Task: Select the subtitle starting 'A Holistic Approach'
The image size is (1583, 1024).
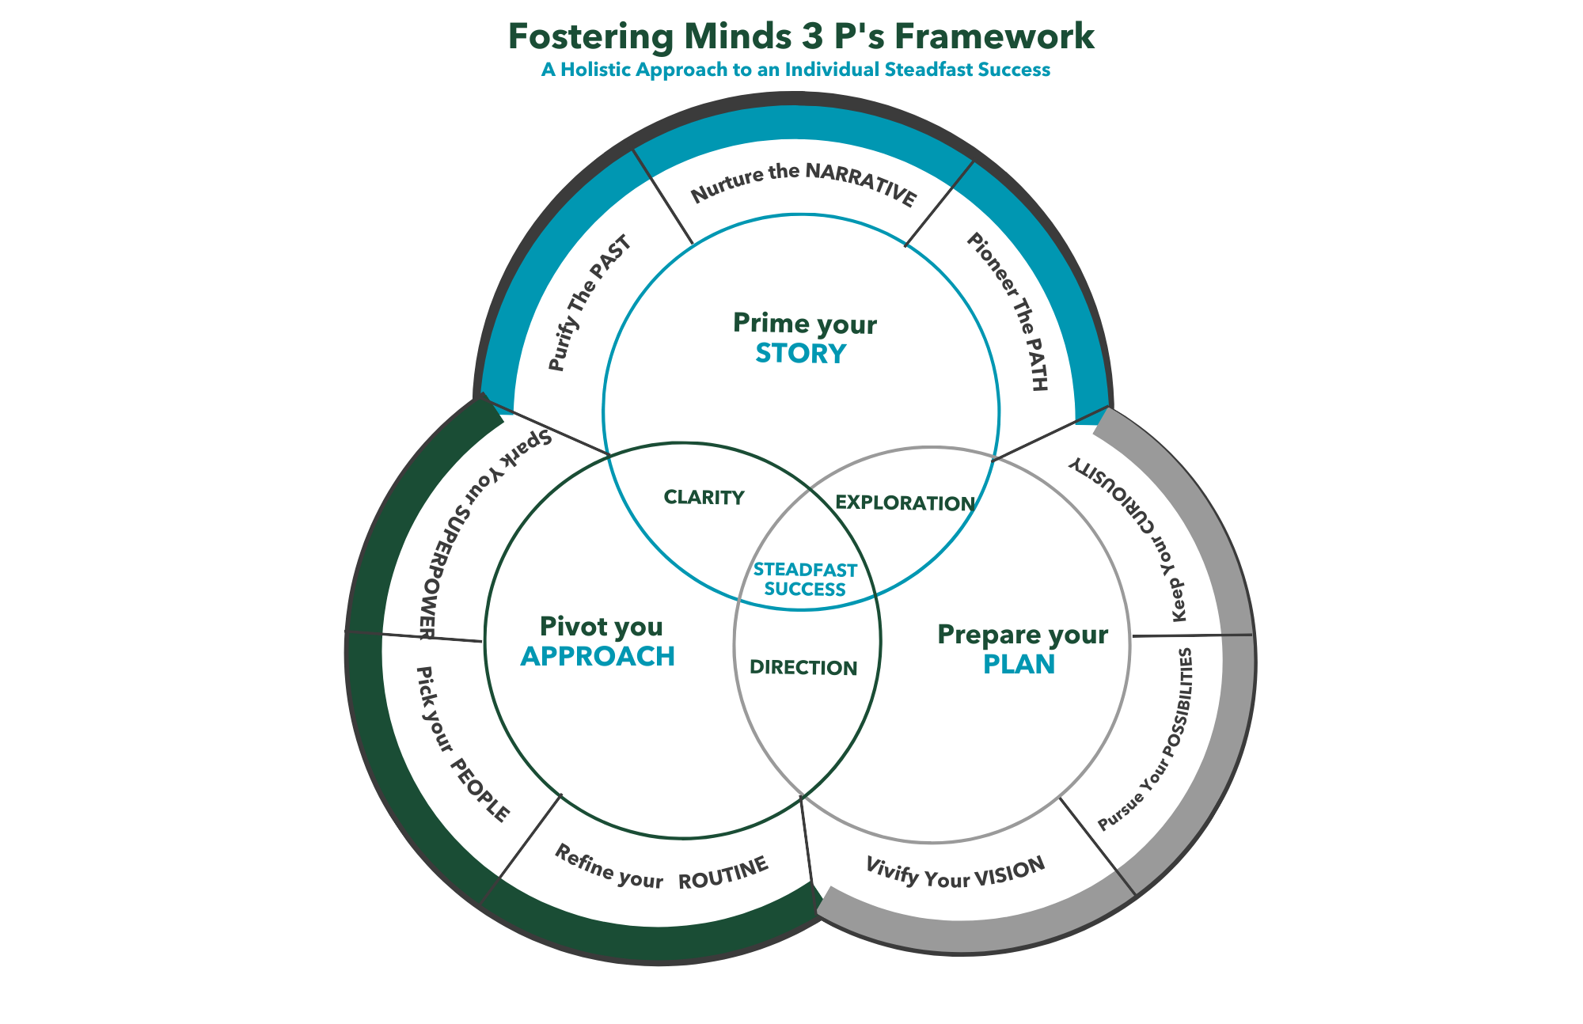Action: (795, 70)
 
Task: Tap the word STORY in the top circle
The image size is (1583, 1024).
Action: (800, 353)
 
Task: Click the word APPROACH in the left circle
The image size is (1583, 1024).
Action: (598, 656)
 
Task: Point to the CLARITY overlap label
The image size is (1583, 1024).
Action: (704, 497)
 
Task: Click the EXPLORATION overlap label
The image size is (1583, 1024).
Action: (905, 503)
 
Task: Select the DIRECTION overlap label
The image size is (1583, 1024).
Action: (803, 668)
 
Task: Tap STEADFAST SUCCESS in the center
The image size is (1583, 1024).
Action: (805, 579)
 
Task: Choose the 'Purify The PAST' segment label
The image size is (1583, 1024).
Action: (590, 303)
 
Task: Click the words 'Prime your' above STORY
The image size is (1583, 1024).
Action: (804, 324)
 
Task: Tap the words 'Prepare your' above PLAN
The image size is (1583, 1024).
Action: (1022, 635)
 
